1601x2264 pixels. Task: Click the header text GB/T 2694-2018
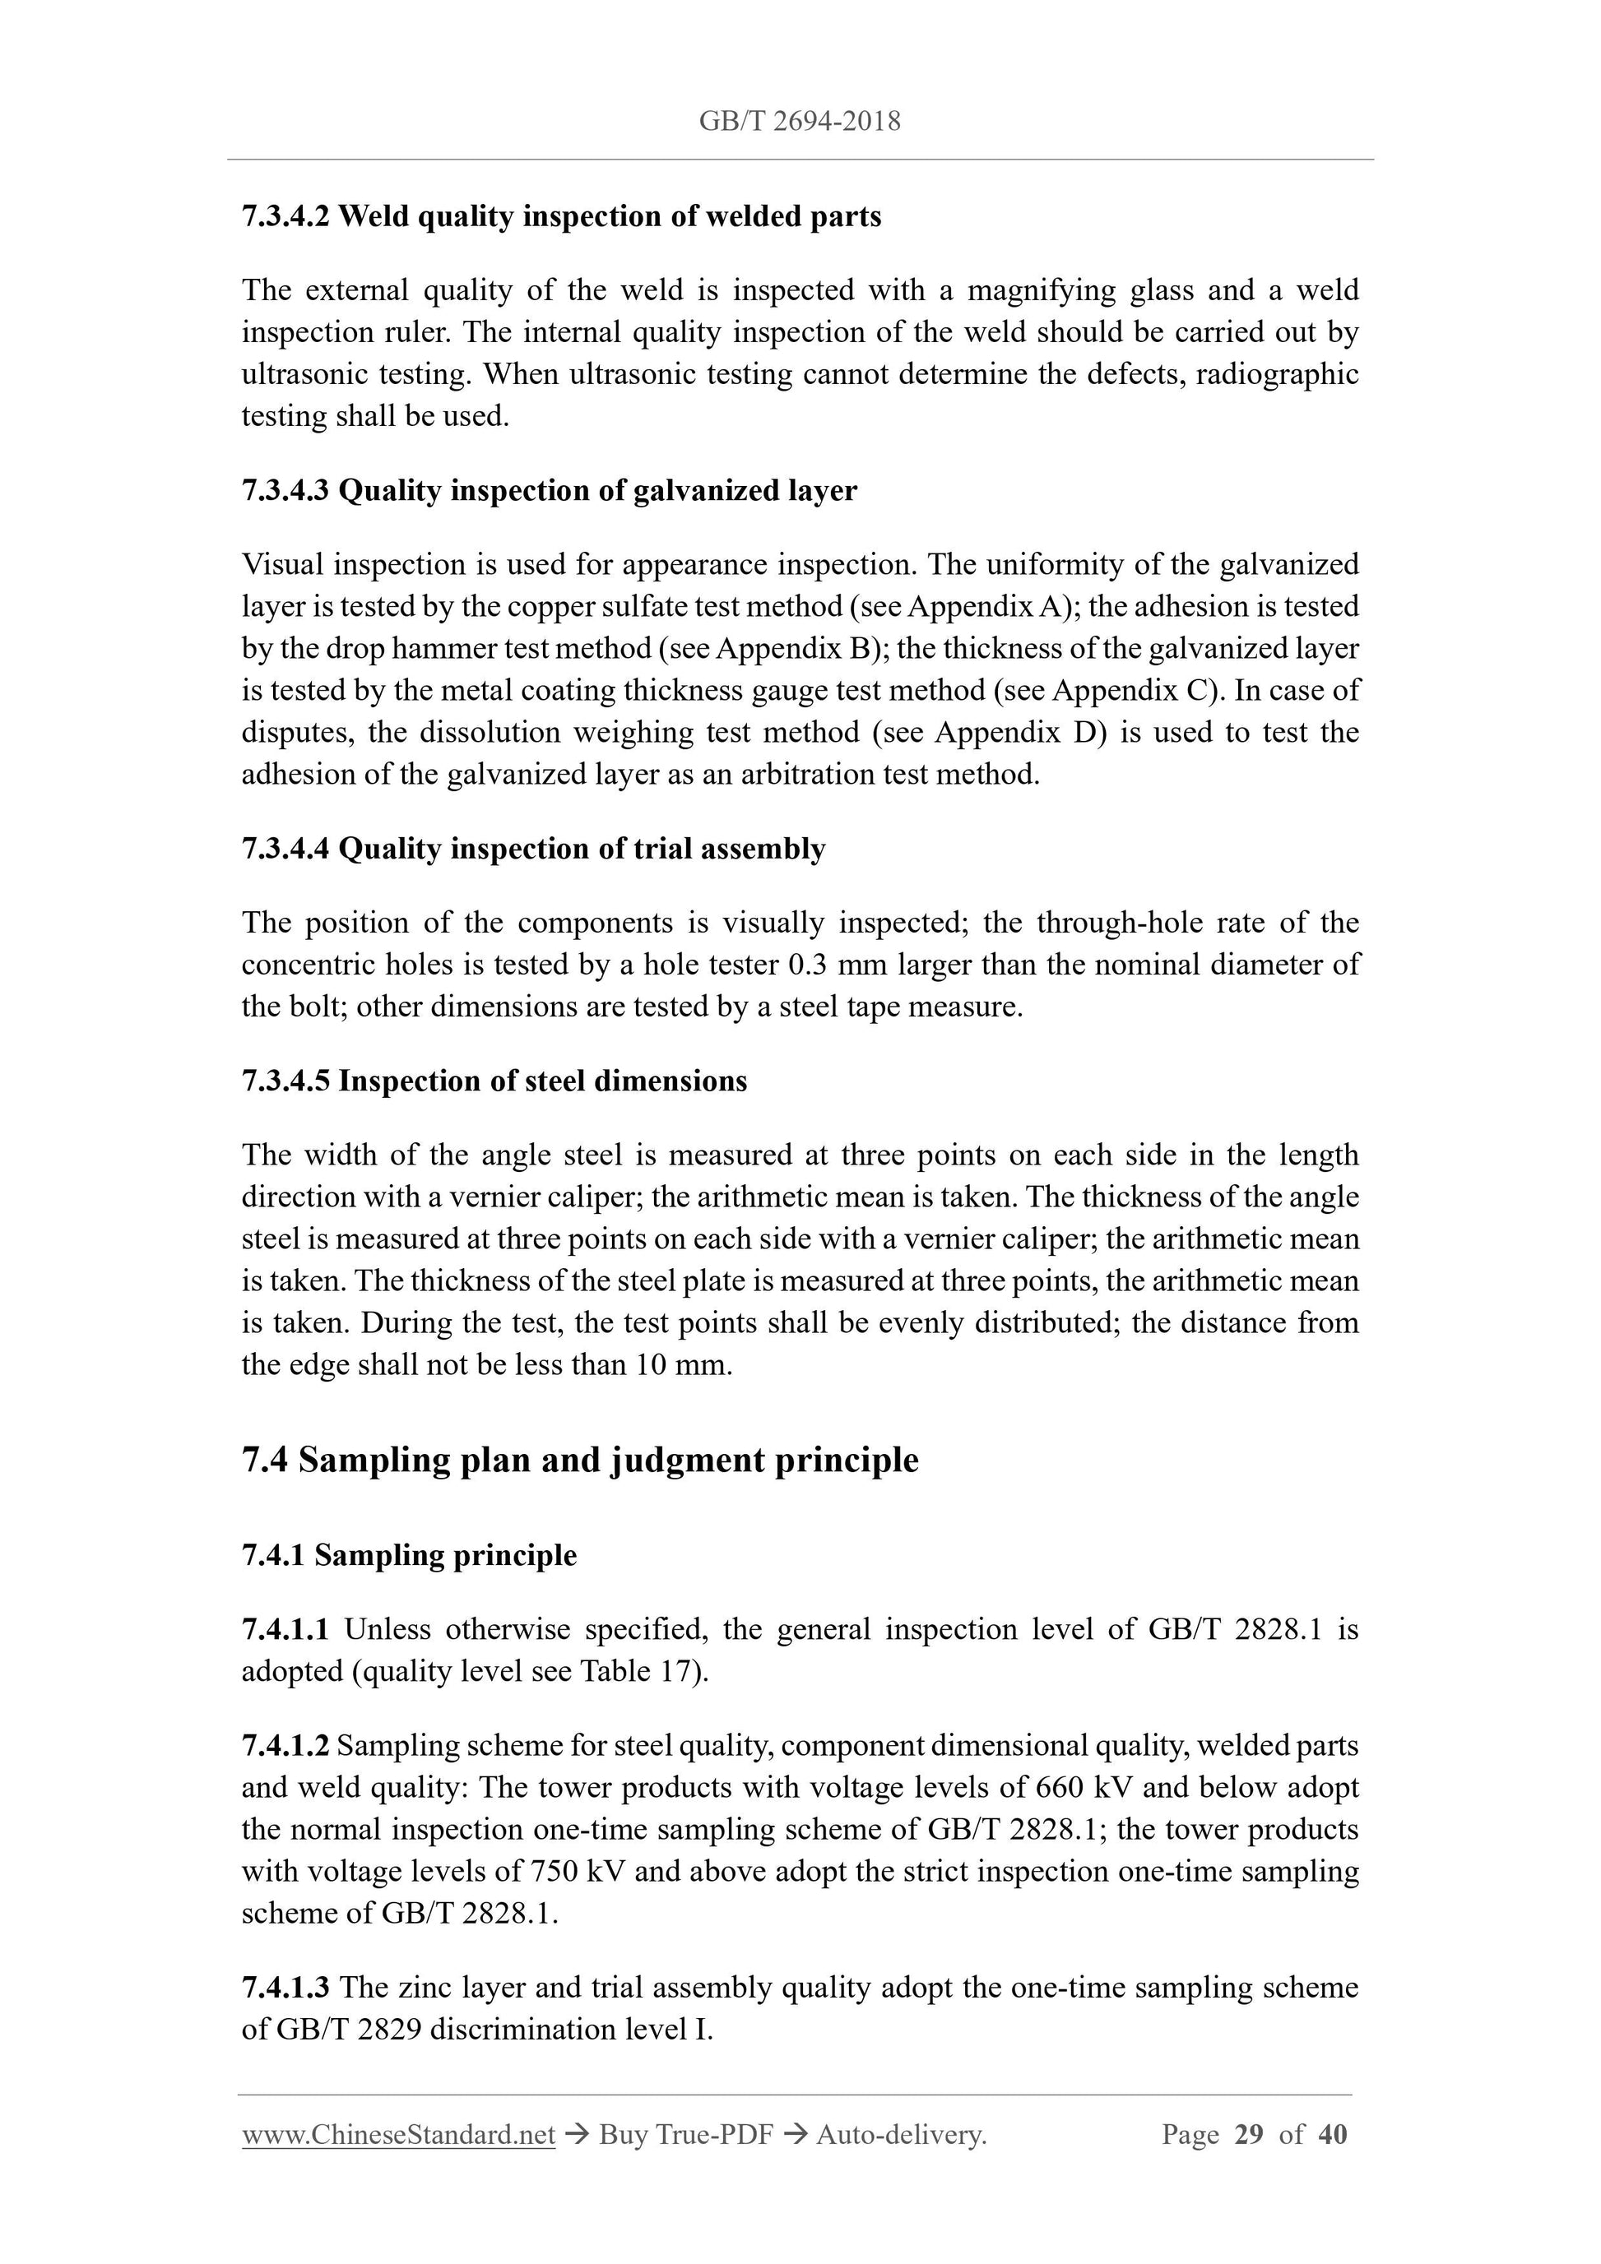pyautogui.click(x=799, y=121)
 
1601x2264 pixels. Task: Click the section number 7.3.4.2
pyautogui.click(x=285, y=216)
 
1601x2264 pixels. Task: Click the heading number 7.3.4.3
pyautogui.click(x=285, y=490)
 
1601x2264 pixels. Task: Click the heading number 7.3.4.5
pyautogui.click(x=285, y=1081)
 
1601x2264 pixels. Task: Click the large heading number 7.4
pyautogui.click(x=264, y=1461)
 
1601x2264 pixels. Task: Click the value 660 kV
pyautogui.click(x=1080, y=1788)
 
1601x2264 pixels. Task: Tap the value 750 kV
pyautogui.click(x=575, y=1872)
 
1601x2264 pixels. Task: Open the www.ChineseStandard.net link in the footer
pyautogui.click(x=398, y=2135)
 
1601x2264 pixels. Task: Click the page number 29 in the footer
pyautogui.click(x=1248, y=2135)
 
